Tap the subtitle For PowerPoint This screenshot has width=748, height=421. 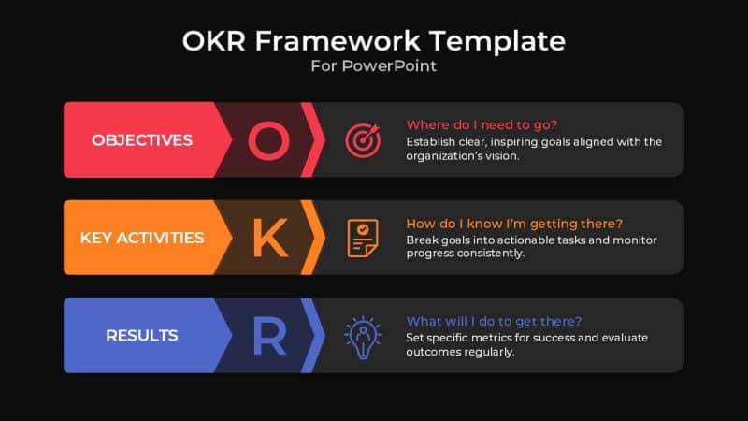(374, 66)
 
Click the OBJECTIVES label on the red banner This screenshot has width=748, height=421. (142, 140)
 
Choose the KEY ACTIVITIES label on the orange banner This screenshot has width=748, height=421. (142, 238)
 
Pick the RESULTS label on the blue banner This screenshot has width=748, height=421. (142, 335)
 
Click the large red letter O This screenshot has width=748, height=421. (268, 140)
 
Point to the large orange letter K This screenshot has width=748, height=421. (269, 238)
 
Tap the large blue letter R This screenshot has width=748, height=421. (269, 336)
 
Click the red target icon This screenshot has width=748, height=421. (363, 140)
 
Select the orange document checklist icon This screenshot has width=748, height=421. (363, 238)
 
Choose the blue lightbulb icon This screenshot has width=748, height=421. (363, 335)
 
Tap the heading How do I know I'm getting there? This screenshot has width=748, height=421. (514, 224)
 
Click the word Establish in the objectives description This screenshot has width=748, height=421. (432, 142)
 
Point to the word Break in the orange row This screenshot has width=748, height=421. (423, 240)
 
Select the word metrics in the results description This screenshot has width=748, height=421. (496, 338)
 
